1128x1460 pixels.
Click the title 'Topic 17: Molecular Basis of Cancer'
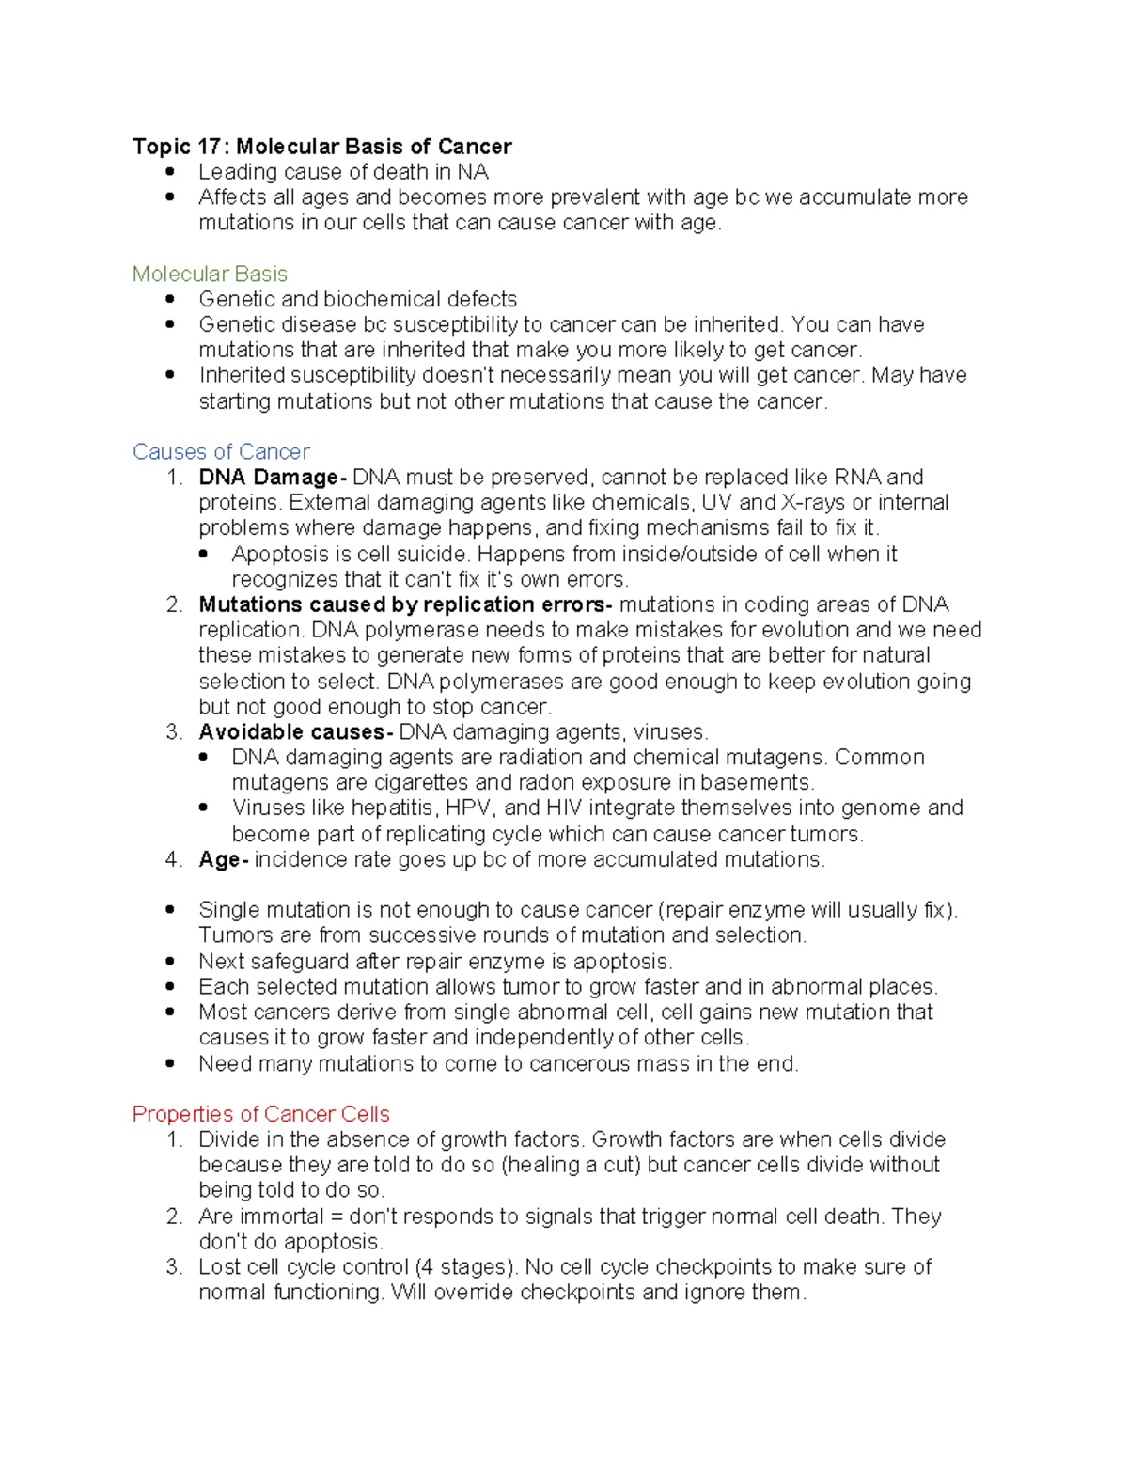point(321,147)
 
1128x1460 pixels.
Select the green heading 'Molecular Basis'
point(210,274)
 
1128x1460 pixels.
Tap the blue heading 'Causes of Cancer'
point(221,451)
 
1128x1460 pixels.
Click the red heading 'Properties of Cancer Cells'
point(260,1114)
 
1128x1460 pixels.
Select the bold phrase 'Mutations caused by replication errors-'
point(405,604)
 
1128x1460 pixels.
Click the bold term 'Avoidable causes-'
point(295,732)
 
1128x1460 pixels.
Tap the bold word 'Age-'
point(223,859)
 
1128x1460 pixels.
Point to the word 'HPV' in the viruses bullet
point(468,808)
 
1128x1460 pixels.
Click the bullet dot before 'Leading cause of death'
point(169,172)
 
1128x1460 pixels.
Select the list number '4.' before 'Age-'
point(174,859)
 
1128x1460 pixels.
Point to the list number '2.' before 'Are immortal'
point(174,1217)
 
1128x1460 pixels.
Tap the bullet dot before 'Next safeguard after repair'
point(169,962)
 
